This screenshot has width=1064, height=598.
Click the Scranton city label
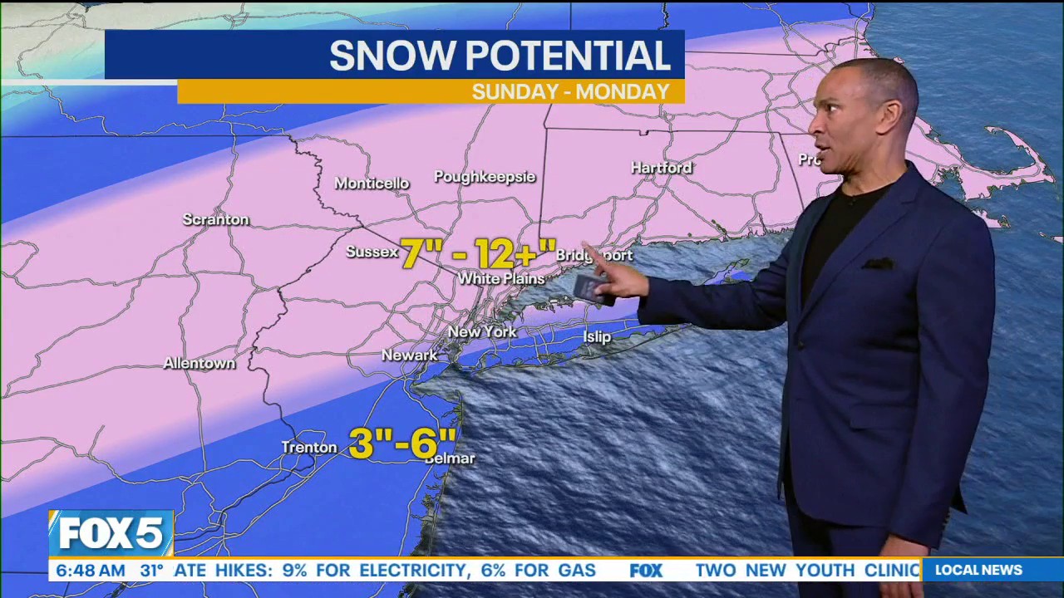pyautogui.click(x=216, y=220)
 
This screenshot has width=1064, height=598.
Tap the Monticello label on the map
pyautogui.click(x=372, y=184)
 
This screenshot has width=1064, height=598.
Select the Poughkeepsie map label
pyautogui.click(x=485, y=177)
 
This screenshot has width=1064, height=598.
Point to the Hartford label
pyautogui.click(x=662, y=168)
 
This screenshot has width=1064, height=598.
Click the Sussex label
pyautogui.click(x=372, y=252)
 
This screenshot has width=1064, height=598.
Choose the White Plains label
pyautogui.click(x=501, y=278)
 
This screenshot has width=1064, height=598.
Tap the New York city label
pyautogui.click(x=482, y=332)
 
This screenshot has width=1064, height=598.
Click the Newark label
pyautogui.click(x=409, y=355)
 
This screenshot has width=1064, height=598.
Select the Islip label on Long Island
pyautogui.click(x=597, y=337)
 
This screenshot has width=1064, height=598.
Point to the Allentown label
pyautogui.click(x=199, y=364)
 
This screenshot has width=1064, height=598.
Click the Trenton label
pyautogui.click(x=309, y=448)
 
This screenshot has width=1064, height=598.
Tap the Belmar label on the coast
pyautogui.click(x=451, y=458)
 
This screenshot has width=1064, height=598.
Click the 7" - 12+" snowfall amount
pyautogui.click(x=478, y=253)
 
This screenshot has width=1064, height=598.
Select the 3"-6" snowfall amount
pyautogui.click(x=402, y=444)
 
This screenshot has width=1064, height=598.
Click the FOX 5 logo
pyautogui.click(x=111, y=533)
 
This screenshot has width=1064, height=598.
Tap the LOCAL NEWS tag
pyautogui.click(x=978, y=571)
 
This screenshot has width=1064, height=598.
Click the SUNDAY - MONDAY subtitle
pyautogui.click(x=570, y=92)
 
